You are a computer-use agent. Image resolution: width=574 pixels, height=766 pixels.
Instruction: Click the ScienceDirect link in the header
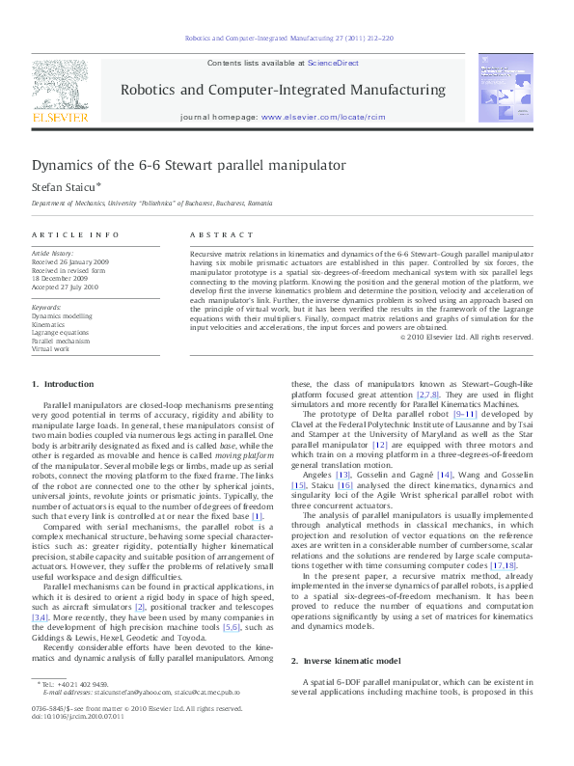pos(333,62)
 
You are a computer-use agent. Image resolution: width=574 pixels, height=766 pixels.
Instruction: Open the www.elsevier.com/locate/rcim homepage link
pos(318,117)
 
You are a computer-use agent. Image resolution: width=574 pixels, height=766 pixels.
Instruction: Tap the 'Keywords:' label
pos(46,307)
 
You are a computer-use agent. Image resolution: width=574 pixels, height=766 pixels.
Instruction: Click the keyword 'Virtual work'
pos(50,348)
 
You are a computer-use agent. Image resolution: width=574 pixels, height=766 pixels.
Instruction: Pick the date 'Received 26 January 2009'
pos(69,261)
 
